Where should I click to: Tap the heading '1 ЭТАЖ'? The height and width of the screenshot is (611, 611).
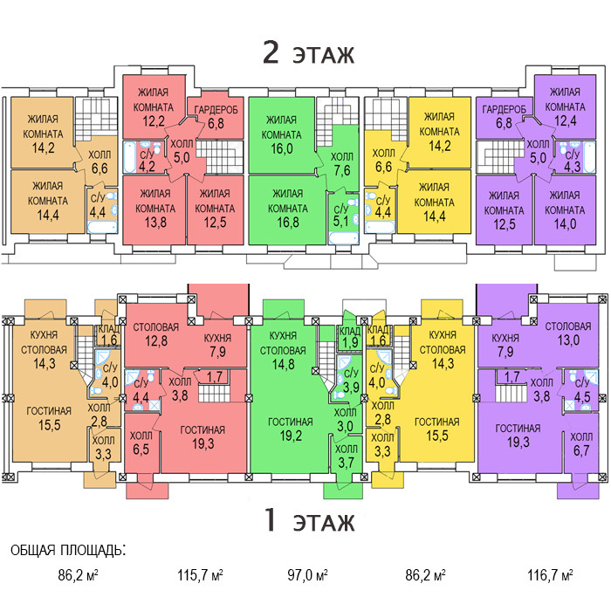309,522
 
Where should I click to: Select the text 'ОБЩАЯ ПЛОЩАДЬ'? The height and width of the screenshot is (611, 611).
67,551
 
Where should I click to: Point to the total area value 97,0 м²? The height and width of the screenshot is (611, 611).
307,577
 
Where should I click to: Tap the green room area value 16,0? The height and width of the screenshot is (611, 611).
282,149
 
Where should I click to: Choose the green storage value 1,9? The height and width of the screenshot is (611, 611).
349,342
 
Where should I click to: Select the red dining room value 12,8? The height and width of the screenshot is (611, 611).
155,341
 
